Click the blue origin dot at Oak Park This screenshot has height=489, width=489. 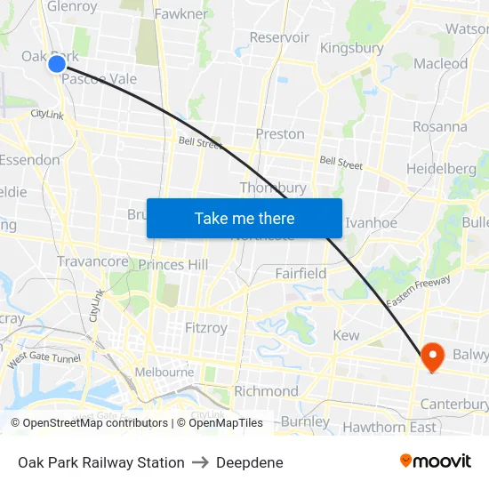57,63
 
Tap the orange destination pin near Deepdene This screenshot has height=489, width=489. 433,357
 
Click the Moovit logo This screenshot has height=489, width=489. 436,461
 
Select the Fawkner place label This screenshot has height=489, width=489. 181,13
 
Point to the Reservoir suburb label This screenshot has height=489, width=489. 279,37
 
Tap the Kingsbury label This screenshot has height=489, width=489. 351,47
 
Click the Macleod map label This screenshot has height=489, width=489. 440,63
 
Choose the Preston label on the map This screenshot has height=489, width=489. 280,134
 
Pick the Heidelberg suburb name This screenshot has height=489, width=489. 441,168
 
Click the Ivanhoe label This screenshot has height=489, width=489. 371,222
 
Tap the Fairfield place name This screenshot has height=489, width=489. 301,273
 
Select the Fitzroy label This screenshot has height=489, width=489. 206,328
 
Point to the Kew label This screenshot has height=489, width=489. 346,335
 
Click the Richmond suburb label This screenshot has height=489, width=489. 266,391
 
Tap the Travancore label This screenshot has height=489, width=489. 92,261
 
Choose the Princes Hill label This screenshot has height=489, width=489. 173,264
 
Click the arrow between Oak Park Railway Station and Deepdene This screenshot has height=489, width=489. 200,462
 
